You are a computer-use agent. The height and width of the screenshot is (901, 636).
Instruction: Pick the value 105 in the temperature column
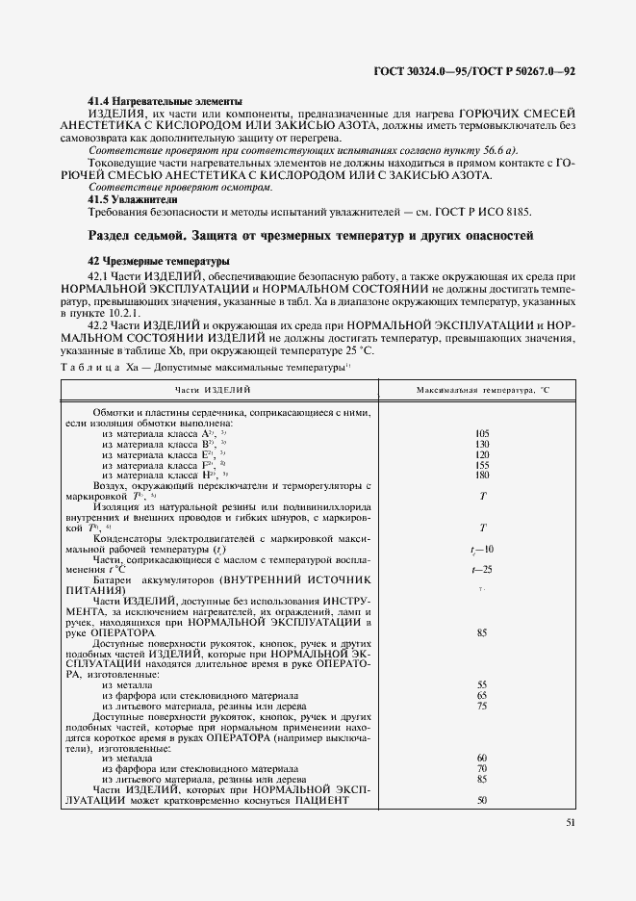coord(481,433)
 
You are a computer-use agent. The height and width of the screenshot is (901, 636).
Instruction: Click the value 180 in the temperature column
coord(481,475)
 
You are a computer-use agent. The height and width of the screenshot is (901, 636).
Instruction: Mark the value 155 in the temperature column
coord(481,464)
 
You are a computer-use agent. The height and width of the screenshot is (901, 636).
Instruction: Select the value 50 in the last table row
coord(481,800)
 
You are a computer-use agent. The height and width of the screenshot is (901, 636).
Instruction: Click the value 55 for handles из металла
coord(481,684)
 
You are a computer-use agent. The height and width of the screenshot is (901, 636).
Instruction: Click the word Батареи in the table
coord(113,581)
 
